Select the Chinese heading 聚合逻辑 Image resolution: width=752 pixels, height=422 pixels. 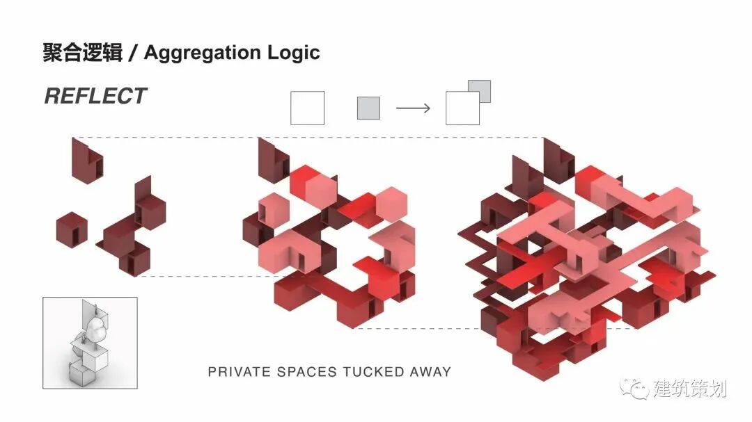tap(82, 53)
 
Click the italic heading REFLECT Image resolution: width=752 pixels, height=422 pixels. tap(95, 96)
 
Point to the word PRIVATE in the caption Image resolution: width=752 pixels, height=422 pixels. tap(238, 372)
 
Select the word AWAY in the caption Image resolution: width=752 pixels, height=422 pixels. tap(430, 372)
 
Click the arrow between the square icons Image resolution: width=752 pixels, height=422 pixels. tap(413, 108)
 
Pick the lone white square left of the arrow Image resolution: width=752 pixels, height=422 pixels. tap(307, 108)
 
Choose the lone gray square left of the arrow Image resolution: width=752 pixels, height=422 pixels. tap(368, 108)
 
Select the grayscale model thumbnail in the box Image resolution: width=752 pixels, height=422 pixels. tap(90, 343)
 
